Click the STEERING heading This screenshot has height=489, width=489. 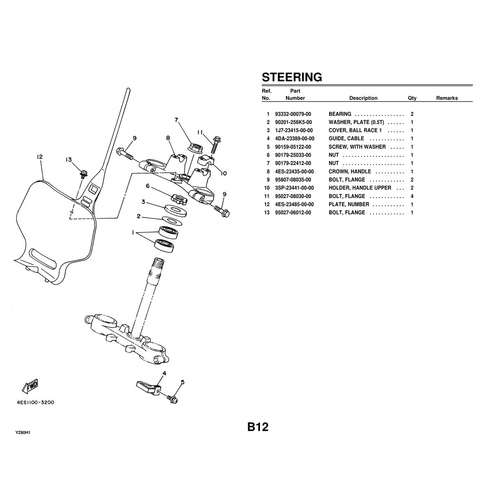point(292,77)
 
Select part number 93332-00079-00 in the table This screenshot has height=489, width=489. point(293,114)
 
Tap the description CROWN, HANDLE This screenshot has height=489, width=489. point(349,172)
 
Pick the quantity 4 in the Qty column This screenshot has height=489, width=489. point(412,196)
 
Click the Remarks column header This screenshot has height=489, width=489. point(447,98)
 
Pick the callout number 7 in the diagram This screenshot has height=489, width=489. point(176,120)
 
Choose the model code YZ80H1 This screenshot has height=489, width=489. point(23,432)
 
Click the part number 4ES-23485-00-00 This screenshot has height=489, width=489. point(294,204)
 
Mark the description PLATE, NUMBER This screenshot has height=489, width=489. point(349,204)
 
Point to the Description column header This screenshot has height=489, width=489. point(363,98)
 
